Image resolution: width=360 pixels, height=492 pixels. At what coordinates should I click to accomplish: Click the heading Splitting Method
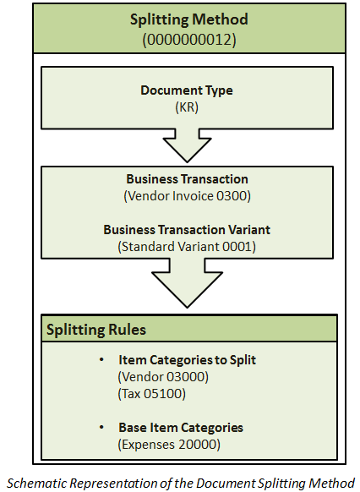click(189, 19)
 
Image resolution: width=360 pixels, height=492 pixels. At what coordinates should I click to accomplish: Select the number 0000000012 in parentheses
click(189, 40)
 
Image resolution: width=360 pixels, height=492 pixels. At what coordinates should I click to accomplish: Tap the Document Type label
click(187, 90)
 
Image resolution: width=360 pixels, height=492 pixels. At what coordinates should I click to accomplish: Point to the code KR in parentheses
click(187, 107)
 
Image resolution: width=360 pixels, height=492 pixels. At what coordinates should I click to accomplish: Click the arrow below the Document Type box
click(188, 145)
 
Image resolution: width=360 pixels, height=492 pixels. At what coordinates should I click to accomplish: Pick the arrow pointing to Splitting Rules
click(188, 282)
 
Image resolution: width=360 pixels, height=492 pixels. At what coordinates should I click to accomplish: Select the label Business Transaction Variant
click(187, 230)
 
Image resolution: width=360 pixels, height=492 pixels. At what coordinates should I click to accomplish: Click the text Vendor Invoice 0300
click(188, 196)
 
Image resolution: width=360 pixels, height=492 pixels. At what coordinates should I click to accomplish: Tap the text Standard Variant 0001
click(187, 247)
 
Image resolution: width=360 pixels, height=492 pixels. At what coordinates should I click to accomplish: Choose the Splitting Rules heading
click(96, 330)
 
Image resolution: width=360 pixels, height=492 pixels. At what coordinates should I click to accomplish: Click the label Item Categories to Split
click(188, 360)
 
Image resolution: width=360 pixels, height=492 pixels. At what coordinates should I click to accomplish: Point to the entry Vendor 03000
click(163, 377)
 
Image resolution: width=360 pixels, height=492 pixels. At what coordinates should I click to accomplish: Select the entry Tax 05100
click(152, 394)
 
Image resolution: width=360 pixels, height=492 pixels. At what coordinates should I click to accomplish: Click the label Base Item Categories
click(181, 428)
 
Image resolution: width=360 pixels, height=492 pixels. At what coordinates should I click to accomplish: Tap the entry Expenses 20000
click(169, 445)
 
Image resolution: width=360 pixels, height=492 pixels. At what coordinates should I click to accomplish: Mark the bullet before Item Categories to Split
click(101, 360)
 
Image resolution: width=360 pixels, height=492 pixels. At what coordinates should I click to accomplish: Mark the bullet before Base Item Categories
click(101, 428)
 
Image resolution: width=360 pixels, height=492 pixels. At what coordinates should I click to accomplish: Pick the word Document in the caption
click(226, 483)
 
